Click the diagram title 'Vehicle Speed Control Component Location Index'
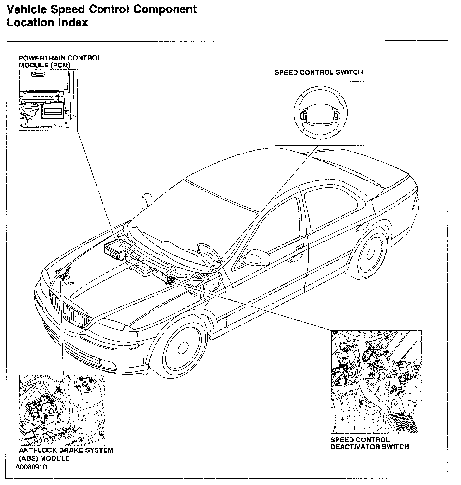point(101,16)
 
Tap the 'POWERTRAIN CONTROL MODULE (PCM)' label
point(60,61)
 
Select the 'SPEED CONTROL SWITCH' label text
point(318,72)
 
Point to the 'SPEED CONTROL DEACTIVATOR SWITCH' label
point(369,443)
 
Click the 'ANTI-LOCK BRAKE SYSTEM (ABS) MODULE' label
point(66,454)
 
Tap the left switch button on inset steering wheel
point(303,115)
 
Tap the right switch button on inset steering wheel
point(336,116)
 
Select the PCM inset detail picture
point(48,100)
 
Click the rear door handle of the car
point(361,227)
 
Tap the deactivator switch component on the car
point(171,280)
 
